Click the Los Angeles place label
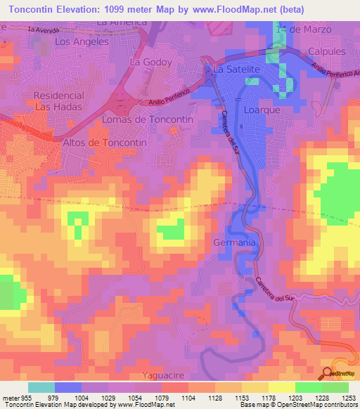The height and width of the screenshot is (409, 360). point(82,41)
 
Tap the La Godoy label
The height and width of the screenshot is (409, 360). point(150,62)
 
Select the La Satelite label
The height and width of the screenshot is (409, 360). point(237,70)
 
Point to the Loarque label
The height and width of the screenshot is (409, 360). point(262,110)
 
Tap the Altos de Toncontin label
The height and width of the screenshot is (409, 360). point(105,142)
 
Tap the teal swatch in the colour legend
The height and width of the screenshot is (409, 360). point(41,387)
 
